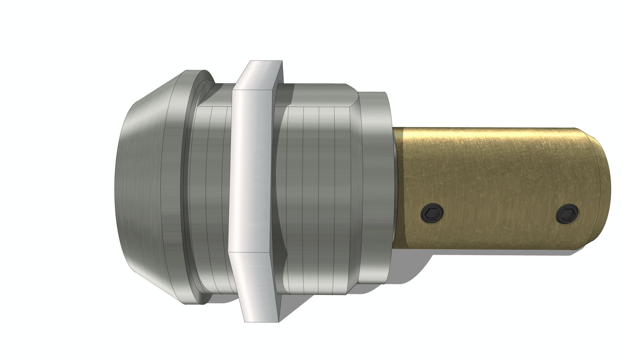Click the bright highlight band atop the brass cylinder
[x=494, y=137]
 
